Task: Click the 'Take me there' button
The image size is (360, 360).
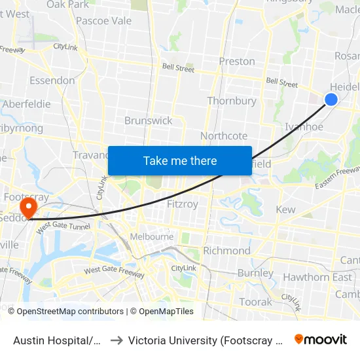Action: [180, 160]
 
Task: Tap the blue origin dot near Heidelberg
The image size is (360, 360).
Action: [331, 99]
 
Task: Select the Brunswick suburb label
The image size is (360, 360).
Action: [149, 120]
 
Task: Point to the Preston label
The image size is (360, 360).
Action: [237, 61]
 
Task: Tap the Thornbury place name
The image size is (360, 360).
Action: [232, 101]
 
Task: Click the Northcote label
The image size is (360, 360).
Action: [224, 135]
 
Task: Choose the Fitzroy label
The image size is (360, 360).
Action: [183, 204]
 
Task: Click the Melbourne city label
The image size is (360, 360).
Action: [152, 236]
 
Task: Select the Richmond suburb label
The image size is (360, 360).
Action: [226, 251]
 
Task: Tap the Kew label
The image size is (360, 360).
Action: [286, 209]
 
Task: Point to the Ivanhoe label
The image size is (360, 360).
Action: [304, 127]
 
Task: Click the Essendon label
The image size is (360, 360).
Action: [52, 81]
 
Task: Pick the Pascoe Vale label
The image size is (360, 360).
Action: [103, 20]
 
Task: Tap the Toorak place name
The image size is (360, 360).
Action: [255, 302]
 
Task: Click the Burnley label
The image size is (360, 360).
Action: [255, 273]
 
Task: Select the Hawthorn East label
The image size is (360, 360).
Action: [317, 277]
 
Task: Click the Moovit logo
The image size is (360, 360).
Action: [321, 340]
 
